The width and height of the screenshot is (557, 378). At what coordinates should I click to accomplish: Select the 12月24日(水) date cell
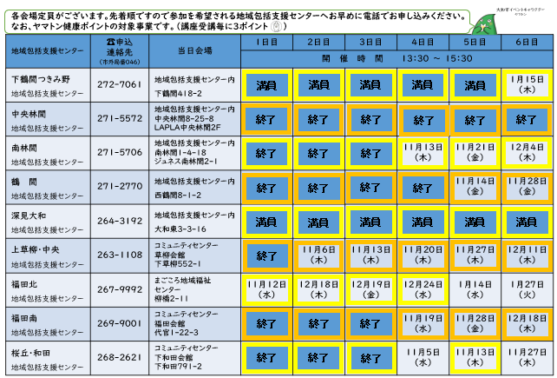click(422, 288)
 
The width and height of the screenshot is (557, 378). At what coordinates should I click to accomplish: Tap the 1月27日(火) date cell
click(525, 288)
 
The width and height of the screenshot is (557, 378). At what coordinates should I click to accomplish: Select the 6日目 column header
click(525, 42)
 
